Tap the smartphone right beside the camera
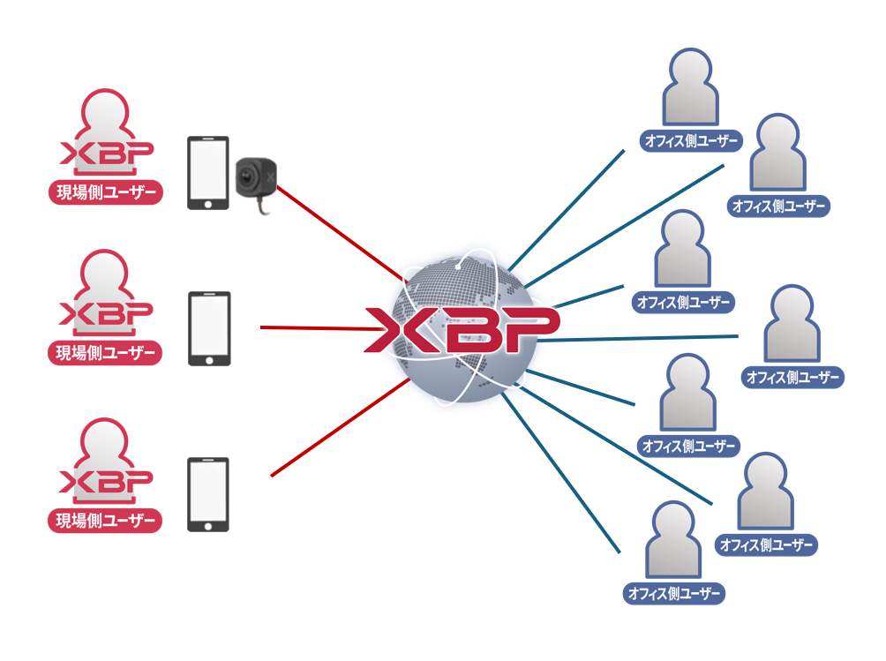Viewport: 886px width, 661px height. [x=208, y=172]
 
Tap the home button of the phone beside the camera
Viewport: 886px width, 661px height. [x=208, y=202]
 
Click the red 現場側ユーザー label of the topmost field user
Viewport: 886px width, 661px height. [x=105, y=192]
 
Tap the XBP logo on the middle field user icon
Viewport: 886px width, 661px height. [x=105, y=313]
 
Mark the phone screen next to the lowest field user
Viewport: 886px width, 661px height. [x=208, y=490]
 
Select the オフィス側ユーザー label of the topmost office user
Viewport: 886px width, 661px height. [x=691, y=140]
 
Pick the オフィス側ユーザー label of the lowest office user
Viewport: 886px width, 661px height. [x=674, y=592]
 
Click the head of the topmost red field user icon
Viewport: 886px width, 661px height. [x=105, y=110]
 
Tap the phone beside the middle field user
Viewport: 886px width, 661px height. [x=209, y=328]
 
